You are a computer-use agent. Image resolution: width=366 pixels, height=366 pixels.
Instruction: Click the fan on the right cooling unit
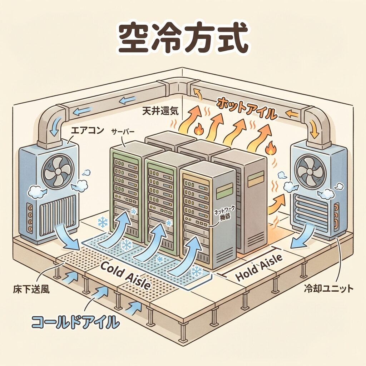(310, 171)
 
